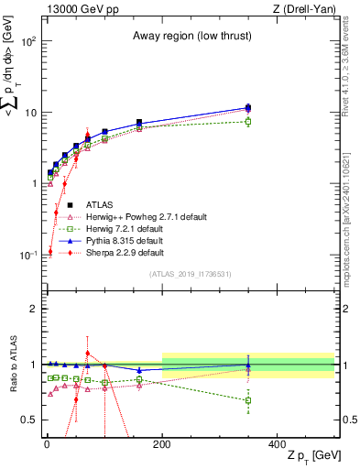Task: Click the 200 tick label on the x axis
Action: coord(162,442)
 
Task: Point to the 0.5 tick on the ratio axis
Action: coord(31,420)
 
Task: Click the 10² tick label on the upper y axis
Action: coord(29,42)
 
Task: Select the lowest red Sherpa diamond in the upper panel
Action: coord(50,251)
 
